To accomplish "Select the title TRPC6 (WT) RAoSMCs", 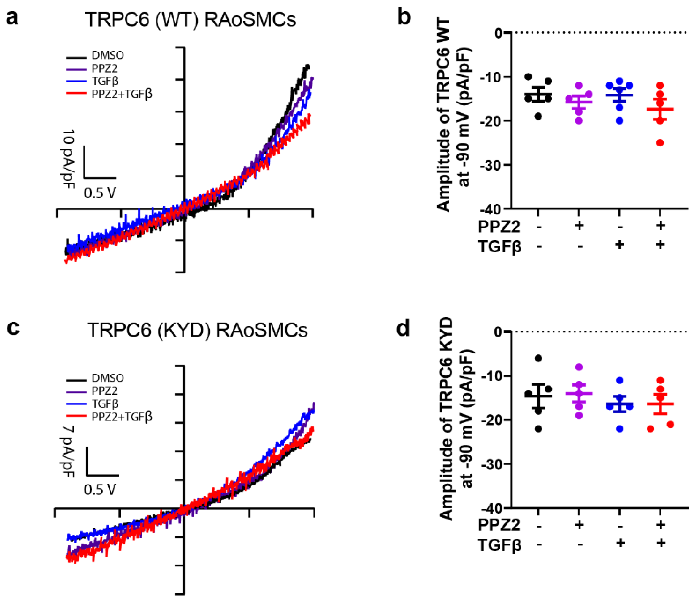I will [190, 20].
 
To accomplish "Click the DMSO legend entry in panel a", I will [107, 55].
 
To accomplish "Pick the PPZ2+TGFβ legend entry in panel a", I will [122, 94].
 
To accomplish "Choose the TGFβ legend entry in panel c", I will [105, 404].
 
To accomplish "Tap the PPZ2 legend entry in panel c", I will [104, 391].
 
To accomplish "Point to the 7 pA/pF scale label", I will [67, 451].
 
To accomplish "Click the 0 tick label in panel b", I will [498, 33].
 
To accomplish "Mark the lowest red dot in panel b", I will [660, 143].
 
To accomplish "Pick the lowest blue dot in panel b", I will [620, 121].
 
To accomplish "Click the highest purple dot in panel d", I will [579, 367].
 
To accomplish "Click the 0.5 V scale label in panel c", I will [100, 490].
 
